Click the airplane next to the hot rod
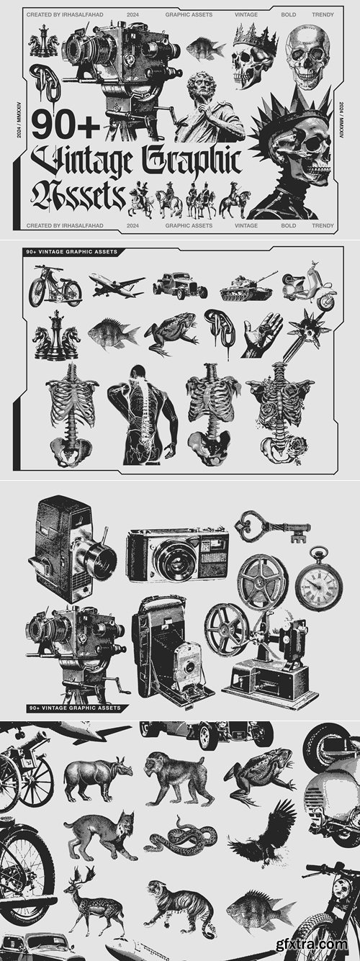[x=116, y=285]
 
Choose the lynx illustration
[x=105, y=835]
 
